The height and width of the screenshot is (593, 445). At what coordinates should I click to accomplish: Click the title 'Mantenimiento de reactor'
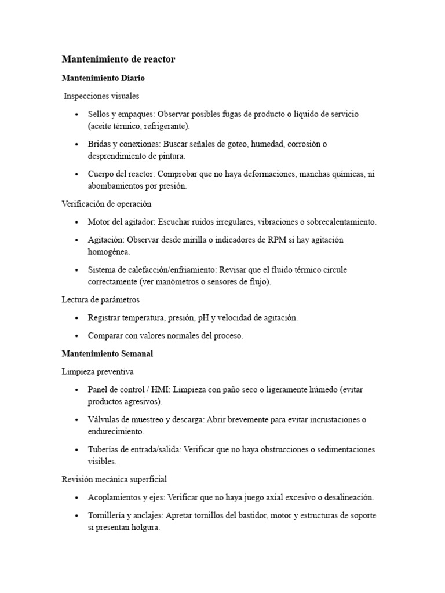[x=118, y=59]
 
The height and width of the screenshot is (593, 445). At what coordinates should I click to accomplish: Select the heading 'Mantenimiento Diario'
[x=103, y=78]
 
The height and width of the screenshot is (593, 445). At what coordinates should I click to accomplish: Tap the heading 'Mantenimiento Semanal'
[x=107, y=353]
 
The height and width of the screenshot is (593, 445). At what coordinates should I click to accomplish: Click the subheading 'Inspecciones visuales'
[x=101, y=96]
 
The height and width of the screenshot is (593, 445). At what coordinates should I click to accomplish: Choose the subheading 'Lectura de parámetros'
[x=100, y=300]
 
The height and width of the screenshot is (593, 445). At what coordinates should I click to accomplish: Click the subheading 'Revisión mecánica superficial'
[x=114, y=479]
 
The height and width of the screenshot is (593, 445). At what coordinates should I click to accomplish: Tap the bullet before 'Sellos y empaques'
[x=77, y=115]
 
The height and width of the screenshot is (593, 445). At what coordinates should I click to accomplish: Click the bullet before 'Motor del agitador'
[x=77, y=222]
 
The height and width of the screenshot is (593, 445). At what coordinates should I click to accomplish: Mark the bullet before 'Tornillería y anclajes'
[x=77, y=516]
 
